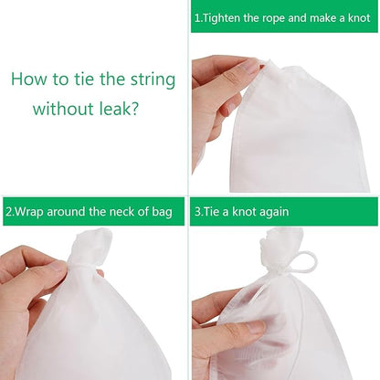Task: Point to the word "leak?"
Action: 120,110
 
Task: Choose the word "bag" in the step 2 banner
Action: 161,212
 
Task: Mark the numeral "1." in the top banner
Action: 198,17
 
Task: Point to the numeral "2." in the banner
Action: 9,212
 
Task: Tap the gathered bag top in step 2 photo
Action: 90,248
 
